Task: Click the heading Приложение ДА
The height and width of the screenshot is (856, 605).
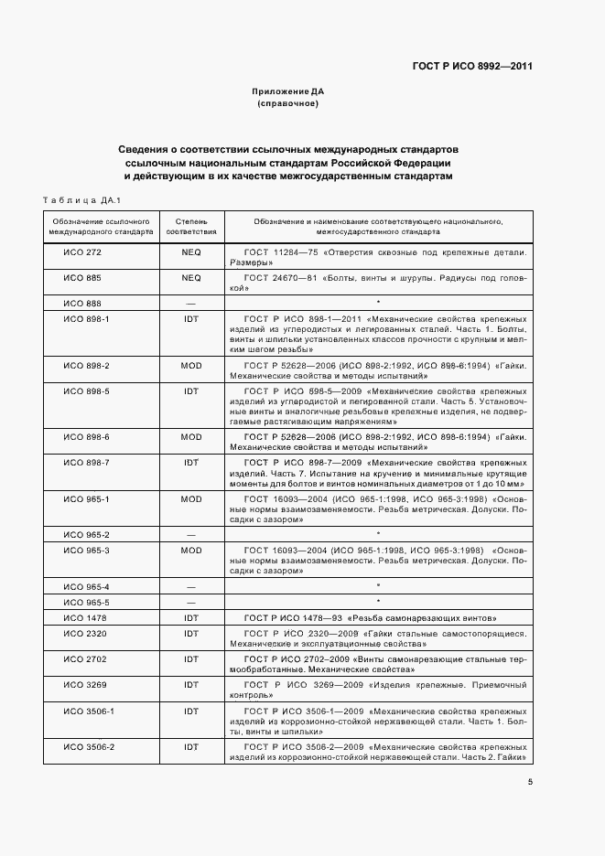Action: [x=288, y=91]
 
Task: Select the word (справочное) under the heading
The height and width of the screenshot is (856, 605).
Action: [x=288, y=103]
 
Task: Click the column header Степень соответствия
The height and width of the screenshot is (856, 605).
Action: [x=191, y=226]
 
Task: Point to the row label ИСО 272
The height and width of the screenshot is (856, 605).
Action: [x=81, y=251]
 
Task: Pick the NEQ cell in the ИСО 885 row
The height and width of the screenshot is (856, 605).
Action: [x=191, y=277]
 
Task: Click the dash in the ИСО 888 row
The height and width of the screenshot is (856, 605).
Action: [x=191, y=303]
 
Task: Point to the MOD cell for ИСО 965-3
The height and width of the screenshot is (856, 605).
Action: [x=191, y=551]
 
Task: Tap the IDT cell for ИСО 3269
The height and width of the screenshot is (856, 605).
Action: [x=191, y=684]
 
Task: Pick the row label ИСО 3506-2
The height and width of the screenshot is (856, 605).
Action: [x=88, y=747]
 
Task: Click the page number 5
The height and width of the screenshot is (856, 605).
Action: [x=530, y=781]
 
